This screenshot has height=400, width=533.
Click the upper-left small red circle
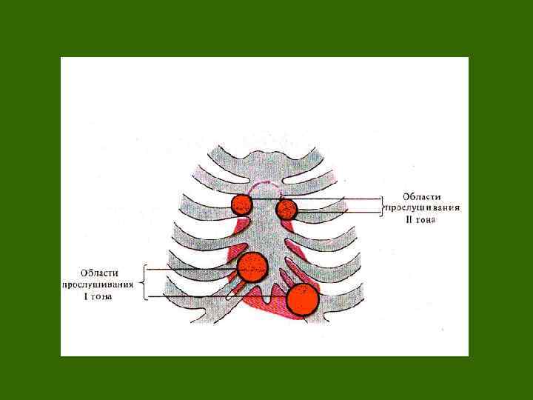tap(241, 204)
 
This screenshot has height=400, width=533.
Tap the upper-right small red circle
tap(286, 210)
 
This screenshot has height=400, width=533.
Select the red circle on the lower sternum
tap(252, 267)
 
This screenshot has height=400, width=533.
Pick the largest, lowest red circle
tap(302, 299)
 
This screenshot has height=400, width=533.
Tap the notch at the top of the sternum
tap(264, 157)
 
